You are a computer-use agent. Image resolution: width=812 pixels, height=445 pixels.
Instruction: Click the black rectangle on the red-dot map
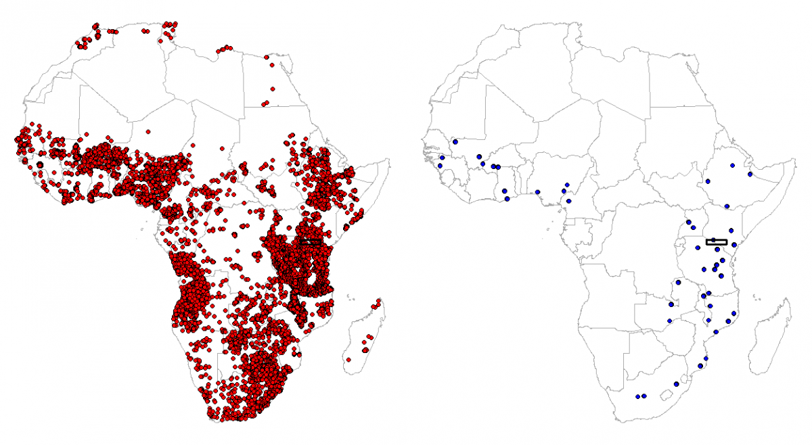tap(311, 241)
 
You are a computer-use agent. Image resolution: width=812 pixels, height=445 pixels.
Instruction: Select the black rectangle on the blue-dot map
tap(717, 241)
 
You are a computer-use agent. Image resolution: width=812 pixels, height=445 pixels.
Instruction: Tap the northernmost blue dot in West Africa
tap(455, 142)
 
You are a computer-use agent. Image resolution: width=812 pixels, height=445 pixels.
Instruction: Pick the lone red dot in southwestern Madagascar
tap(348, 360)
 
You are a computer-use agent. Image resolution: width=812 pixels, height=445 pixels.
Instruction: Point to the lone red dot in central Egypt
tap(273, 89)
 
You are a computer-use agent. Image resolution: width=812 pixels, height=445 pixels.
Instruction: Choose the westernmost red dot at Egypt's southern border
tap(264, 104)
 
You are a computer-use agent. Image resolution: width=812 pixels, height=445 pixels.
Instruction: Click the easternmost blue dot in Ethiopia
tap(750, 174)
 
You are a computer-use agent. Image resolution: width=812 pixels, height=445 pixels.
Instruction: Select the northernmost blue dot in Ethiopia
tap(733, 165)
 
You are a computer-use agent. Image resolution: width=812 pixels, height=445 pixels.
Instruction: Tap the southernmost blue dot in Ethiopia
tap(727, 206)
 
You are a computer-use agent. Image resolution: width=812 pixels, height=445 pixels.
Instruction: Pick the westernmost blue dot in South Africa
tap(637, 396)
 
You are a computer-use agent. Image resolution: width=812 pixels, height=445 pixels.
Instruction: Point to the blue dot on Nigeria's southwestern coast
tap(538, 191)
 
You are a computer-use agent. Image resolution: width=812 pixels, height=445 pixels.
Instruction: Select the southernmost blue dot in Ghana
tap(506, 199)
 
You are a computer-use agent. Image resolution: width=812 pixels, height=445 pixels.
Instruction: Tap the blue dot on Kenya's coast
tap(734, 264)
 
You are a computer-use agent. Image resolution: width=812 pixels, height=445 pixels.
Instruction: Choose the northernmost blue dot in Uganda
tap(689, 222)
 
